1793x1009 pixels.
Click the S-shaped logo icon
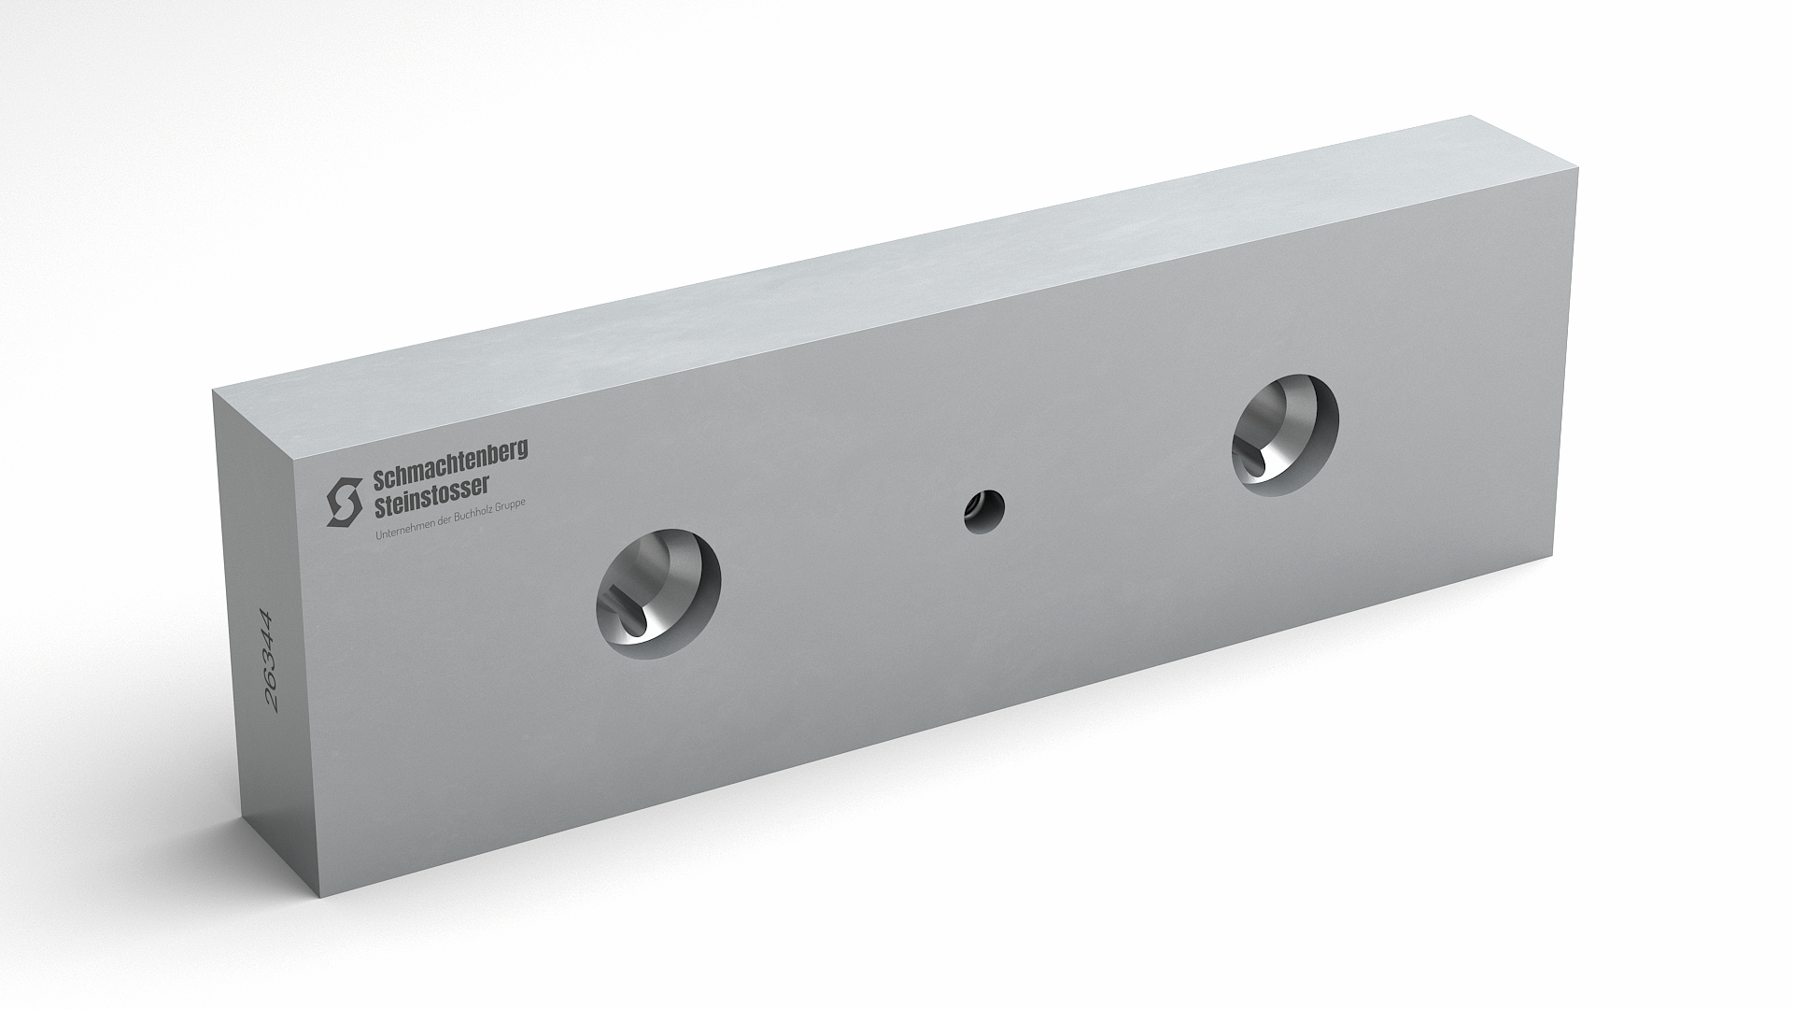click(344, 502)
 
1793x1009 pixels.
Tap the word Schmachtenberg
click(450, 464)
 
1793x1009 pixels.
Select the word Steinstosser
click(431, 497)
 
